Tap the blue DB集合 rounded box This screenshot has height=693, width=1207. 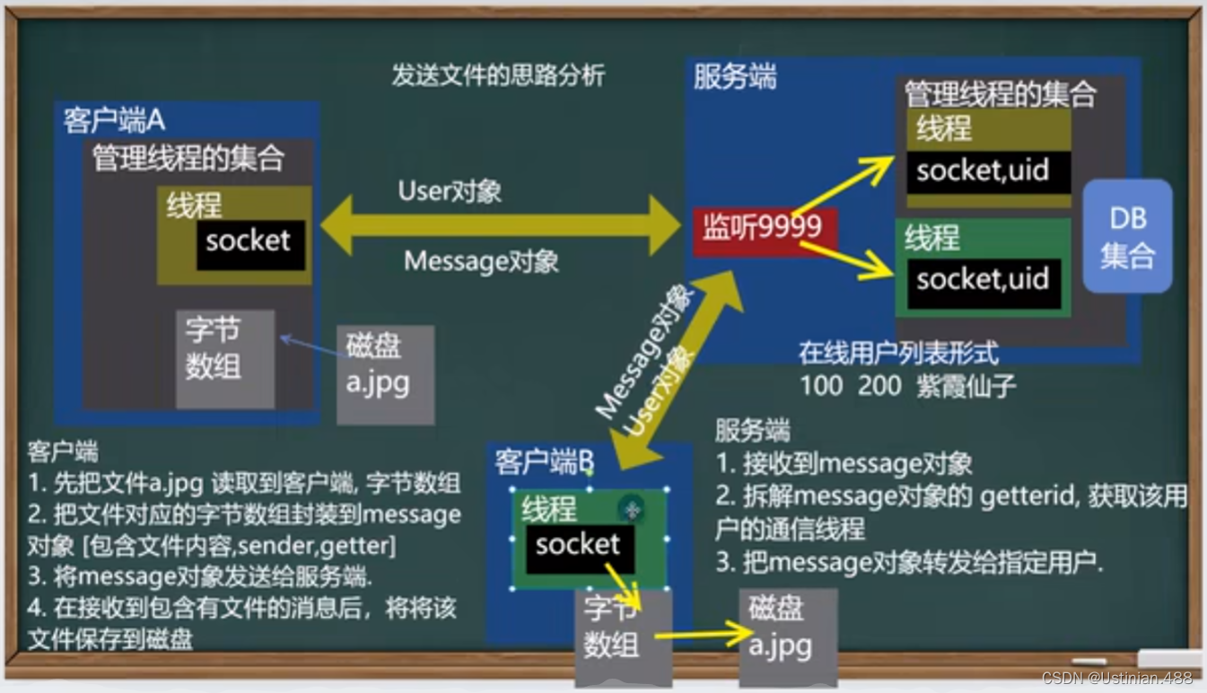click(x=1127, y=236)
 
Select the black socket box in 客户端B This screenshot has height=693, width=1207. click(x=579, y=547)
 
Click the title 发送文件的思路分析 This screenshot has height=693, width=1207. click(x=498, y=75)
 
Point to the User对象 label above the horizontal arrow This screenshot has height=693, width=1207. click(x=450, y=191)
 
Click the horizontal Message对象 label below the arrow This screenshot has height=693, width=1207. click(x=481, y=262)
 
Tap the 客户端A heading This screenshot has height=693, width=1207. click(x=114, y=119)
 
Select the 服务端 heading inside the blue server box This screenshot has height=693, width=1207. click(x=734, y=77)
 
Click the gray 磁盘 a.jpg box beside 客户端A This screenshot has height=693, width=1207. click(x=386, y=373)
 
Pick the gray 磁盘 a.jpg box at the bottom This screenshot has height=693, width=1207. click(x=787, y=636)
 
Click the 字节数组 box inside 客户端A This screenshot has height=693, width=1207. click(x=224, y=357)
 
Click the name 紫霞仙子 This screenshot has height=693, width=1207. click(x=966, y=387)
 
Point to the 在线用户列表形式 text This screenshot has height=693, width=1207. click(x=897, y=354)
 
